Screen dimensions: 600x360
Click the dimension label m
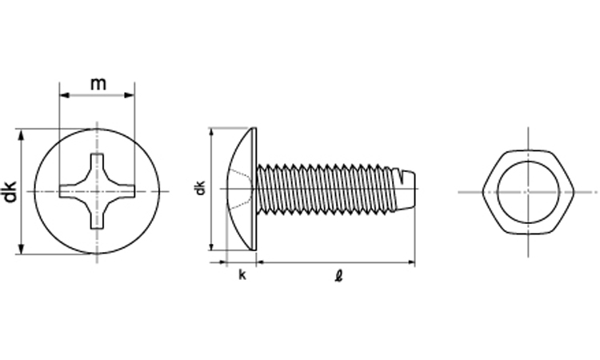(x=98, y=83)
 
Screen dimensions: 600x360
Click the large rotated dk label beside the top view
(x=10, y=191)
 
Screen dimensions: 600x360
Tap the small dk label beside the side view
(x=200, y=187)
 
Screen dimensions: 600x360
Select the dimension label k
(x=242, y=274)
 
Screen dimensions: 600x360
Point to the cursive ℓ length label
(x=338, y=276)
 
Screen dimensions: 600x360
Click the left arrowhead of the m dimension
(x=64, y=95)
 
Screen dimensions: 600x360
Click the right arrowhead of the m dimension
(x=130, y=95)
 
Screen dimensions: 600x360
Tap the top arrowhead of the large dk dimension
(x=21, y=134)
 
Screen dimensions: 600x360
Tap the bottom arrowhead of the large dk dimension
(x=21, y=249)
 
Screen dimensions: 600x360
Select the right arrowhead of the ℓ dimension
(x=411, y=262)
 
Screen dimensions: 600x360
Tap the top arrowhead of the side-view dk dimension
(x=211, y=133)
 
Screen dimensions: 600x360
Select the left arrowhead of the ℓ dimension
(x=261, y=262)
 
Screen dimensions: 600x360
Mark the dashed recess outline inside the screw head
(x=240, y=189)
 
